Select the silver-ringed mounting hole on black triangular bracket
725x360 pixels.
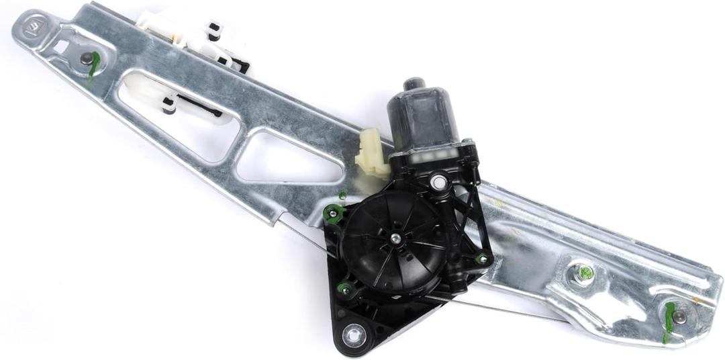pyautogui.click(x=353, y=332)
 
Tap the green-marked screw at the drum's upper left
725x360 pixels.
pyautogui.click(x=331, y=214)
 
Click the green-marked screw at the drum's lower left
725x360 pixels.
pyautogui.click(x=345, y=289)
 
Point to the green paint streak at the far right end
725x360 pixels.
pyautogui.click(x=668, y=322)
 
